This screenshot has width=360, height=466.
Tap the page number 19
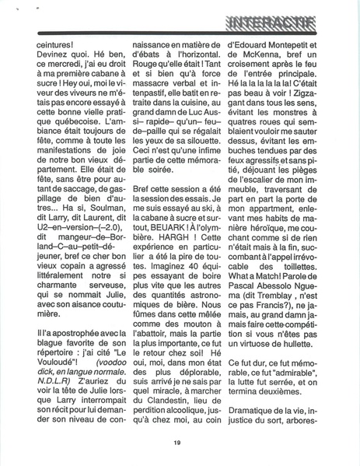pos(178,443)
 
